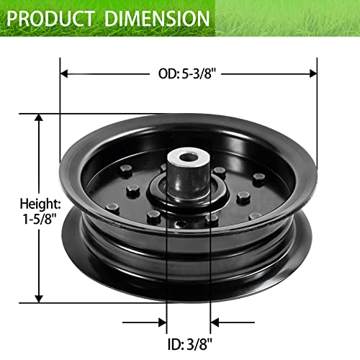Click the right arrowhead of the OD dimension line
[x=312, y=73]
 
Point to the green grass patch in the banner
[x=288, y=18]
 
